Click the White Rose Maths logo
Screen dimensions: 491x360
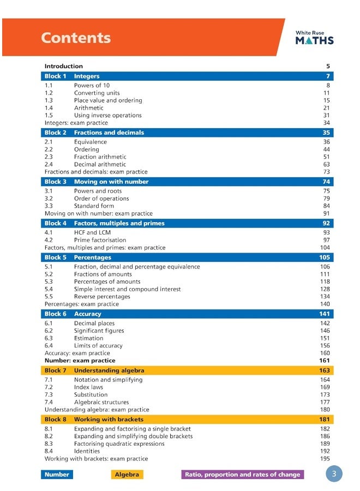pyautogui.click(x=314, y=37)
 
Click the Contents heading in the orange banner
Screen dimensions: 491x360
pyautogui.click(x=76, y=38)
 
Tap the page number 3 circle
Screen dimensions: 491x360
pyautogui.click(x=334, y=474)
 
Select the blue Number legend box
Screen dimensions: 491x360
pyautogui.click(x=57, y=474)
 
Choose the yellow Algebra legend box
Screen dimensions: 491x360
pyautogui.click(x=127, y=474)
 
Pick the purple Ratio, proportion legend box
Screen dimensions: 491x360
pyautogui.click(x=242, y=474)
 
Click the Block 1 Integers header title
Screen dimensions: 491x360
pyautogui.click(x=87, y=76)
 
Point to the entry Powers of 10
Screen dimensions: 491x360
pyautogui.click(x=92, y=85)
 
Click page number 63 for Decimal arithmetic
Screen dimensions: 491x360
pyautogui.click(x=327, y=164)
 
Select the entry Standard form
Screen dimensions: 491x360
pyautogui.click(x=94, y=206)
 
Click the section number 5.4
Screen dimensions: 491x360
pyautogui.click(x=49, y=289)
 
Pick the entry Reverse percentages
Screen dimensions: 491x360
pyautogui.click(x=102, y=297)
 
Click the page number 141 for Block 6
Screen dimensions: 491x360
pyautogui.click(x=325, y=314)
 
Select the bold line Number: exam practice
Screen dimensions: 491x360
pyautogui.click(x=80, y=361)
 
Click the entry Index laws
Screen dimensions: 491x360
pyautogui.click(x=88, y=387)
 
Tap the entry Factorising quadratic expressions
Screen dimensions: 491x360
pyautogui.click(x=119, y=444)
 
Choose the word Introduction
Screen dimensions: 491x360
pyautogui.click(x=63, y=66)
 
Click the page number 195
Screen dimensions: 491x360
pyautogui.click(x=325, y=459)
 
